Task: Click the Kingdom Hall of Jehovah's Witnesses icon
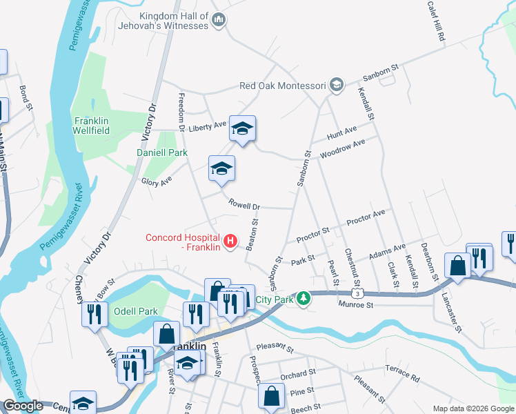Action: [x=219, y=20]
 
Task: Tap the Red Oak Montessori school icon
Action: [x=336, y=86]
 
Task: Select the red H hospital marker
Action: [x=232, y=242]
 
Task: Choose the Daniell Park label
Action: [x=162, y=152]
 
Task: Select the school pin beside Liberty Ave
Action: [x=242, y=129]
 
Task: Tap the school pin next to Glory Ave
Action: [x=221, y=169]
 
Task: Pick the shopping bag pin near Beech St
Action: [x=271, y=396]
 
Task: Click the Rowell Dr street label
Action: [x=244, y=206]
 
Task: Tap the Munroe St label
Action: [x=355, y=304]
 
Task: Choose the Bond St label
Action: [x=26, y=98]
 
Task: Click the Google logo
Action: [x=23, y=406]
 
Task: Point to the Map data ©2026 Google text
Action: [x=473, y=408]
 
